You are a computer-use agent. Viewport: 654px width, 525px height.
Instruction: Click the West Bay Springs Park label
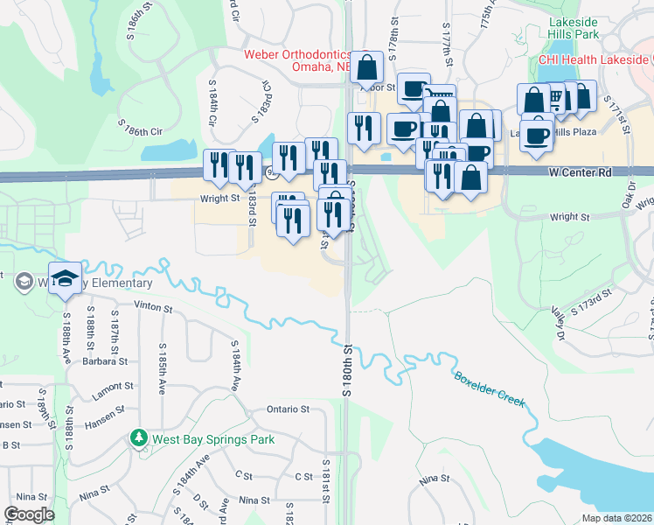click(213, 439)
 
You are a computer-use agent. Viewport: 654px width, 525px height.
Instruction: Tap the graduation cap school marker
click(65, 276)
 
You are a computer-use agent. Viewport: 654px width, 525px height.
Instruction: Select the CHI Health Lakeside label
click(595, 59)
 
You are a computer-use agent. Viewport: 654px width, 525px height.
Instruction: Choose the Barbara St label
click(106, 360)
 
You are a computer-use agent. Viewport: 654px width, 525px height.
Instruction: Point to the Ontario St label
click(288, 409)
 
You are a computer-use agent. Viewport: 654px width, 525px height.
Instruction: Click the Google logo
click(29, 514)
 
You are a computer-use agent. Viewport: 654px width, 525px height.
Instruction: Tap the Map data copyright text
click(616, 518)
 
